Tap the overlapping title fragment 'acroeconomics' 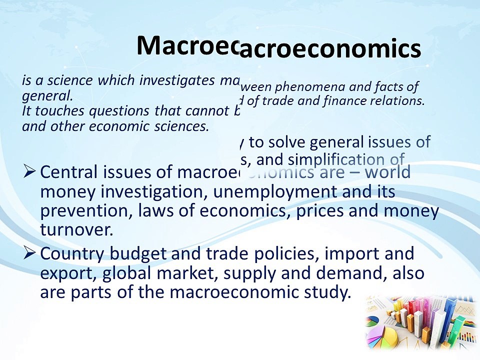pos(330,50)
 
